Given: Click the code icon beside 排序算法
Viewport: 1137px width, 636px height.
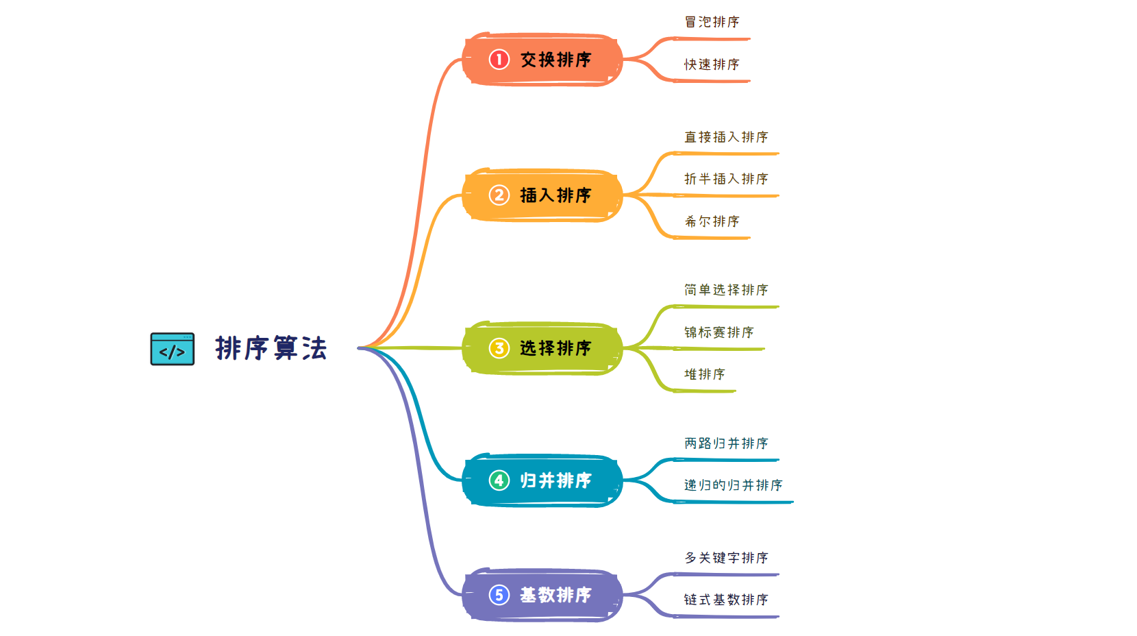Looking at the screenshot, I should pyautogui.click(x=172, y=349).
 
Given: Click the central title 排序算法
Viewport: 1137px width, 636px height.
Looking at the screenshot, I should pyautogui.click(x=271, y=348).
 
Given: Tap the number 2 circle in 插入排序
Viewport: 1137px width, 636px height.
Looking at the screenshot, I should pyautogui.click(x=499, y=195).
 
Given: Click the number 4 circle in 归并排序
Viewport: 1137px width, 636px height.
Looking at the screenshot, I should pyautogui.click(x=499, y=480).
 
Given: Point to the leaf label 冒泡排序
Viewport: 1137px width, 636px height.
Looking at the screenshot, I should pyautogui.click(x=712, y=22).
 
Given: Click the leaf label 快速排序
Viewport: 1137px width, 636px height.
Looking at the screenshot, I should pyautogui.click(x=712, y=64).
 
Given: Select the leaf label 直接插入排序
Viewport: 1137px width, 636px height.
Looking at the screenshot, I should pyautogui.click(x=726, y=137).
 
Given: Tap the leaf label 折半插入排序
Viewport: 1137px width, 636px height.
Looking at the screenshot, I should pyautogui.click(x=726, y=179).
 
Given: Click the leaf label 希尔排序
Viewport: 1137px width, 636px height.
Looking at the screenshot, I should pyautogui.click(x=712, y=221).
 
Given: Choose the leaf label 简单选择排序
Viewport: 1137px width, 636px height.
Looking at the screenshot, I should pyautogui.click(x=726, y=290).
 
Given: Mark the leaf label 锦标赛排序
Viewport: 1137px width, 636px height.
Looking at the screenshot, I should pyautogui.click(x=719, y=332).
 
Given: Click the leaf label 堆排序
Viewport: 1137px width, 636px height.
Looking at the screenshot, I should pyautogui.click(x=704, y=374).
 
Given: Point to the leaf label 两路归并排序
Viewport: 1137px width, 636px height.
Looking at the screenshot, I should pyautogui.click(x=726, y=443).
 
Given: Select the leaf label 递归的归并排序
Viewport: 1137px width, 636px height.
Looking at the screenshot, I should pyautogui.click(x=733, y=485).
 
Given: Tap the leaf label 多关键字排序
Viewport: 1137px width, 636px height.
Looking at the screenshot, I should pyautogui.click(x=726, y=558).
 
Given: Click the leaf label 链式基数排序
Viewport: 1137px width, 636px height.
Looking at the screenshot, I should pyautogui.click(x=726, y=600).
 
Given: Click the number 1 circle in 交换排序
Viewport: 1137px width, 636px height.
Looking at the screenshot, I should pyautogui.click(x=499, y=60).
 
